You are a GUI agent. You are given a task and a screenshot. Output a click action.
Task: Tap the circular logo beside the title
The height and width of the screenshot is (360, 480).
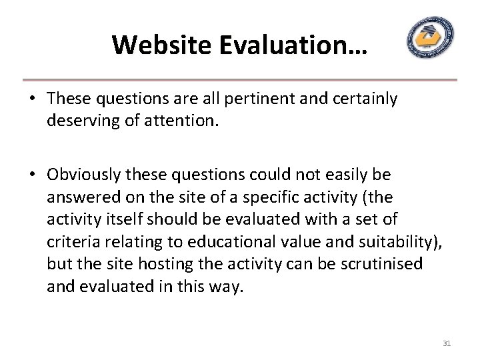click(430, 38)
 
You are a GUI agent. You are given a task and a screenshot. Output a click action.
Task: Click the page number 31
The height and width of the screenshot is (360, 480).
click(447, 343)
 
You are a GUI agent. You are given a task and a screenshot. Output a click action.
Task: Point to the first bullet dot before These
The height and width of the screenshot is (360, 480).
click(32, 100)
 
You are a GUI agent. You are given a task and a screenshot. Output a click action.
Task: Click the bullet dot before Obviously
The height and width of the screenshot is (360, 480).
click(32, 175)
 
